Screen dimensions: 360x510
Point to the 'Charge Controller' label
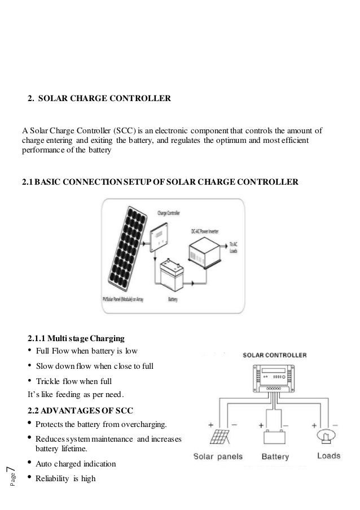click(x=164, y=214)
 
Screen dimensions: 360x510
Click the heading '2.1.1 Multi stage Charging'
click(x=76, y=339)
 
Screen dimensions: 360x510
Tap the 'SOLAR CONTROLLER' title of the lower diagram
click(x=275, y=355)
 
